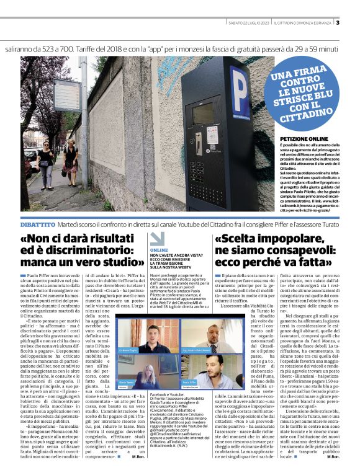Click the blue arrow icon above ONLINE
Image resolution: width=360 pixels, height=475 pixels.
click(x=158, y=238)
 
